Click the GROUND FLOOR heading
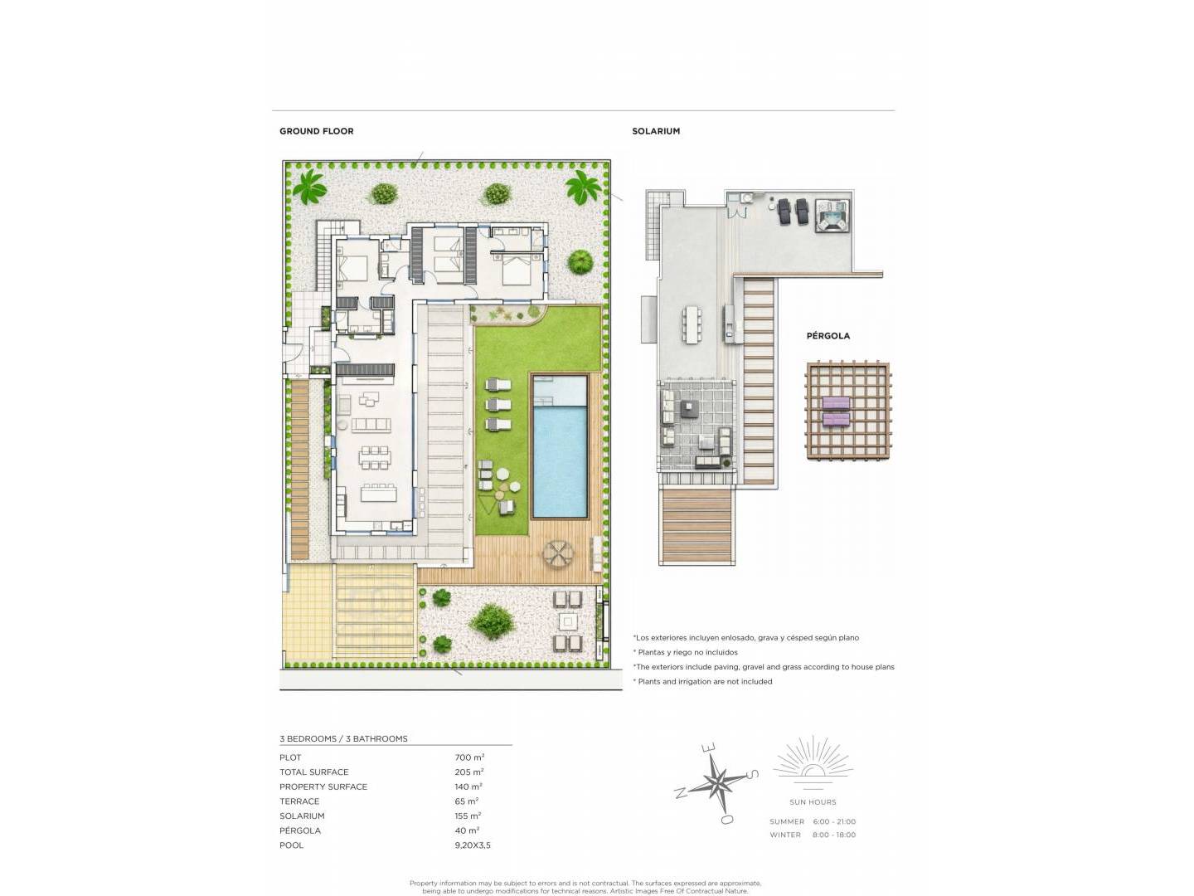coord(316,131)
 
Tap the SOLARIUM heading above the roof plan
coord(656,131)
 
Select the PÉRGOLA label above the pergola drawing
coord(828,336)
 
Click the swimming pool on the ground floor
coord(559,446)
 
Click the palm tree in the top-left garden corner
coord(309,187)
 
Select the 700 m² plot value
coord(469,757)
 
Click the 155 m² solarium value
coord(468,816)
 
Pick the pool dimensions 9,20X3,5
coord(472,845)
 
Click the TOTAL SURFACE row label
coord(314,772)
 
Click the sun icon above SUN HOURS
coord(813,762)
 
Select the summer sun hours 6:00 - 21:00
coord(834,821)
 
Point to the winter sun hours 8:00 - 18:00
coord(834,835)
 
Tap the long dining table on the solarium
coord(692,324)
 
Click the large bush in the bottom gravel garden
coord(493,621)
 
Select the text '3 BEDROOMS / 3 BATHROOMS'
coord(343,738)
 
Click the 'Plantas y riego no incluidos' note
coord(685,652)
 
